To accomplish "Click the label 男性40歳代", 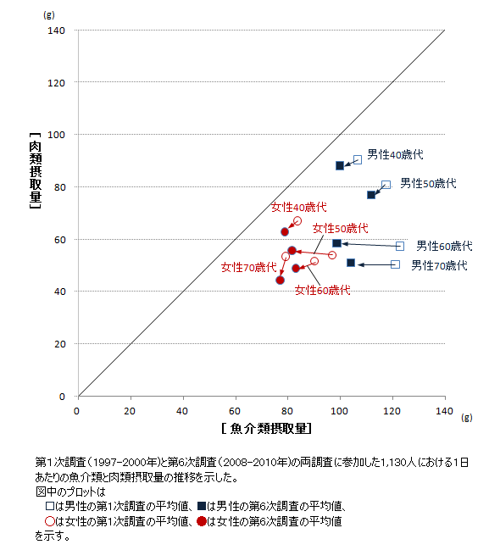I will [395, 155].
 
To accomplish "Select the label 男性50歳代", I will [428, 183].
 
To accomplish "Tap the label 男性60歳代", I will [444, 246].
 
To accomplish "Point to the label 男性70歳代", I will [439, 265].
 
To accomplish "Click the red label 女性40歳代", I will [298, 207].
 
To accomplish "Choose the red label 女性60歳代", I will [322, 290].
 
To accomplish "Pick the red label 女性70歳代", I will [249, 267].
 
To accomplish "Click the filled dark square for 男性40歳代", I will [340, 165].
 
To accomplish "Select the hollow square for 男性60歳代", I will [400, 246].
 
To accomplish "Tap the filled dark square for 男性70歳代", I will [351, 263].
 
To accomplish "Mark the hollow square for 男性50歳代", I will [386, 184].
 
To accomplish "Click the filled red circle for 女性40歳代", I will [285, 231].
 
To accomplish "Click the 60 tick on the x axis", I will [235, 411].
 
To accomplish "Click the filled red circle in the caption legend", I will [201, 521].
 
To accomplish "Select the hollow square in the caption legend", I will [49, 506].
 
